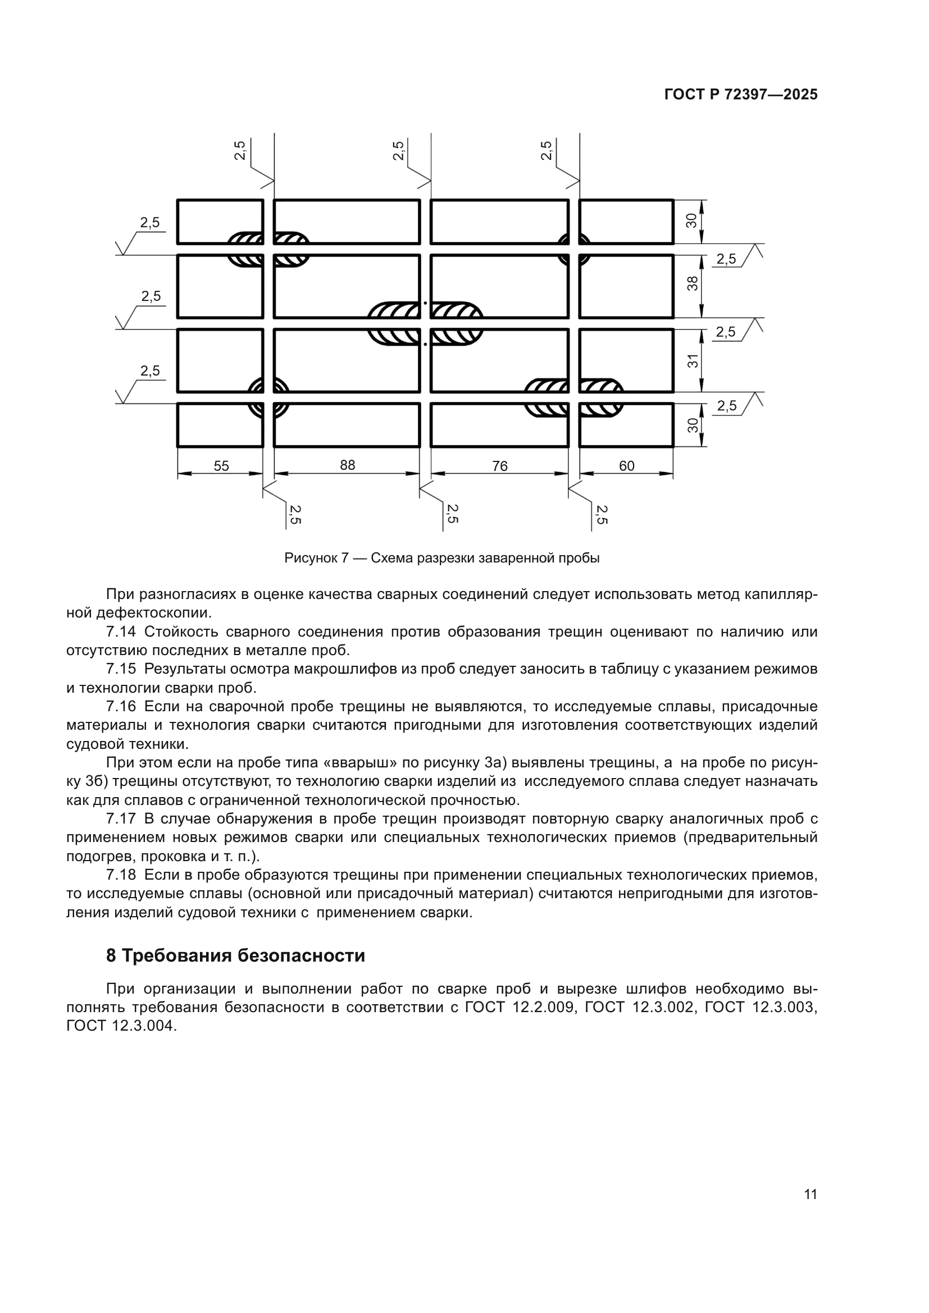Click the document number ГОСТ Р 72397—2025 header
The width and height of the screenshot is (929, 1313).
tap(741, 95)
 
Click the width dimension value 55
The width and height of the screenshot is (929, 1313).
tap(221, 466)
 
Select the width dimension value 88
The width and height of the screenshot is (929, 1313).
tap(347, 465)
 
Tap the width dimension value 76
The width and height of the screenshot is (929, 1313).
tap(499, 466)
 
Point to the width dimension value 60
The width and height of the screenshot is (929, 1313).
tap(626, 466)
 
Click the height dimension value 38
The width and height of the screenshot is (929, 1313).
tap(692, 283)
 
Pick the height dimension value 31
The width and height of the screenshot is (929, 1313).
tap(692, 361)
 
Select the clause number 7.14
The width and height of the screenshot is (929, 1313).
tap(121, 632)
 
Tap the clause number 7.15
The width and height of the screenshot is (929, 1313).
tap(121, 669)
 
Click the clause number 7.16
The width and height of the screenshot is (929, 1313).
tap(121, 707)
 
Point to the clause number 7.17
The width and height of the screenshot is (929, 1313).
tap(121, 819)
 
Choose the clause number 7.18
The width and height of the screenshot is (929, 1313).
tap(121, 875)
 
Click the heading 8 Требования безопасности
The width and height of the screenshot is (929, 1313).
tap(235, 955)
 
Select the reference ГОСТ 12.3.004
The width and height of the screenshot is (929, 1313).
tap(119, 1026)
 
